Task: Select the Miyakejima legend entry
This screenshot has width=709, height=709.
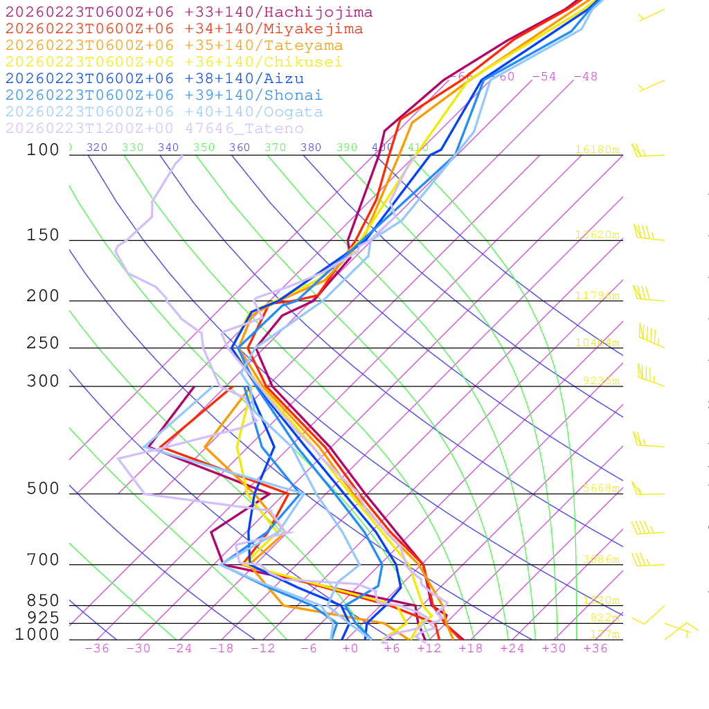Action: (184, 29)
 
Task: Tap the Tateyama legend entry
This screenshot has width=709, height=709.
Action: (174, 46)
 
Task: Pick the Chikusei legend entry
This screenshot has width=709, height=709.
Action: (174, 62)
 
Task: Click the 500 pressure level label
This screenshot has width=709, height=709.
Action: (43, 489)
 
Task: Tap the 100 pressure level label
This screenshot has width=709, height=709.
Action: (43, 150)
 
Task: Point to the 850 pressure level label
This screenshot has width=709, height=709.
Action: (43, 601)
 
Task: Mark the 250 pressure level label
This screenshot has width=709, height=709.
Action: (43, 343)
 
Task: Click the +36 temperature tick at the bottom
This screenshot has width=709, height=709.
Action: (595, 649)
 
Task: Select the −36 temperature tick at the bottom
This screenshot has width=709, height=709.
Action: (96, 649)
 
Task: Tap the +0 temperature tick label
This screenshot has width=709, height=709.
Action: (350, 649)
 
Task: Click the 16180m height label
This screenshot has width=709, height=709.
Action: (598, 150)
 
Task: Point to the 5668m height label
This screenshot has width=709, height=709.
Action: (600, 488)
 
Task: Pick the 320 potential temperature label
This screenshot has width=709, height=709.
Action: (97, 147)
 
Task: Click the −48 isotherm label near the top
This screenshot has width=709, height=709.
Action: (586, 77)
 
